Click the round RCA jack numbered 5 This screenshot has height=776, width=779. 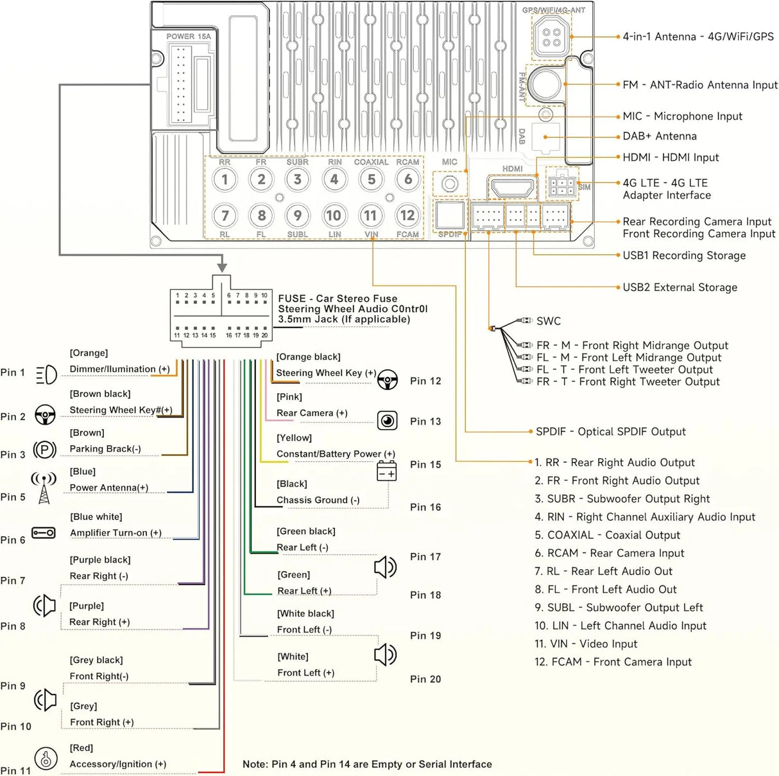click(371, 179)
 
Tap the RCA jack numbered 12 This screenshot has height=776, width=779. click(407, 215)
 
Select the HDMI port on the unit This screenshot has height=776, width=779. click(512, 188)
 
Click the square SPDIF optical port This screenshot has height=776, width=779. click(450, 215)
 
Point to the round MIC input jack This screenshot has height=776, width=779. click(450, 184)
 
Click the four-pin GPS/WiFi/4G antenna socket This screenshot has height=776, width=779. click(551, 37)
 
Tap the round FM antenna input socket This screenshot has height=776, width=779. click(545, 85)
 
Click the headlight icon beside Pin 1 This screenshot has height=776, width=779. click(46, 375)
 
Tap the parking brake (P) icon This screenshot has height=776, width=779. click(45, 449)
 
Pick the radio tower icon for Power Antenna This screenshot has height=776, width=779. click(44, 488)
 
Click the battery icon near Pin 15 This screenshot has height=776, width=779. click(386, 471)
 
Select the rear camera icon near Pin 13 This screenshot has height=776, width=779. click(387, 420)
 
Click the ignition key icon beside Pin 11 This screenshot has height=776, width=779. click(46, 758)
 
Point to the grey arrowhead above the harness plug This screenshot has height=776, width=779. click(222, 267)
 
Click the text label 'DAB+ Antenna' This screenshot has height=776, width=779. click(660, 136)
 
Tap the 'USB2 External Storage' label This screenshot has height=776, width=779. click(680, 287)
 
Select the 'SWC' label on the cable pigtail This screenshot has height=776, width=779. click(548, 321)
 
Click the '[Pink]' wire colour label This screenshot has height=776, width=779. click(289, 397)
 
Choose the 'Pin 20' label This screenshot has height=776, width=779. click(425, 679)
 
